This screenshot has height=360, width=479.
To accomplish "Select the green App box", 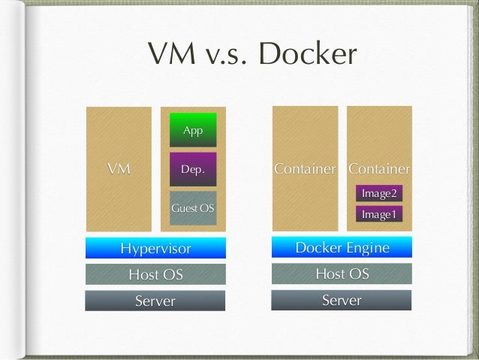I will pyautogui.click(x=193, y=130).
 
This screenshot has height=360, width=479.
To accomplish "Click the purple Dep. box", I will pyautogui.click(x=193, y=170).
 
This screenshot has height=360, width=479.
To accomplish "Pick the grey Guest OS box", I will pyautogui.click(x=193, y=207).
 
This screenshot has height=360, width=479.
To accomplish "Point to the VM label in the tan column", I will pyautogui.click(x=118, y=169).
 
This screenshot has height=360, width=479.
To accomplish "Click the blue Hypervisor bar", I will pyautogui.click(x=155, y=248).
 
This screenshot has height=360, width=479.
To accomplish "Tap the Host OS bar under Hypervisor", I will pyautogui.click(x=155, y=274).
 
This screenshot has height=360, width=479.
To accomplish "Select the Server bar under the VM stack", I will pyautogui.click(x=155, y=301).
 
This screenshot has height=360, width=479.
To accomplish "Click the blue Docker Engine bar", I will pyautogui.click(x=342, y=247).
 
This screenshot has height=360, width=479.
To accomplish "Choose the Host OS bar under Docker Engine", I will pyautogui.click(x=342, y=274).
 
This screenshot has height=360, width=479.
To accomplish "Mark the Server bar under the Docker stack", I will pyautogui.click(x=342, y=301).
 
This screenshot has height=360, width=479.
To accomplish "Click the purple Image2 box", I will pyautogui.click(x=378, y=193).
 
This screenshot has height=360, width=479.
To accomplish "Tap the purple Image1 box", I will pyautogui.click(x=378, y=214).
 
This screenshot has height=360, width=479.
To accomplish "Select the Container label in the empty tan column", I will pyautogui.click(x=305, y=168).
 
